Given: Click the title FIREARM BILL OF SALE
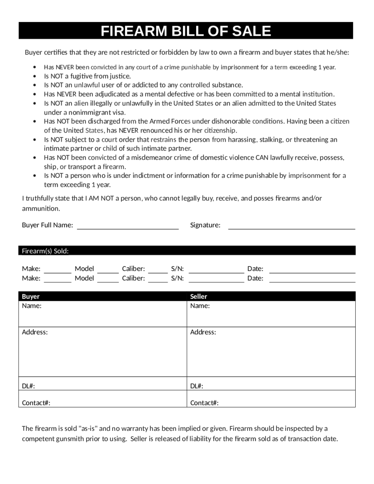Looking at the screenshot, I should pyautogui.click(x=186, y=31).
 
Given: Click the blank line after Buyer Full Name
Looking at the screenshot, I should pyautogui.click(x=128, y=227).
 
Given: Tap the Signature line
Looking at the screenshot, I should pyautogui.click(x=292, y=227).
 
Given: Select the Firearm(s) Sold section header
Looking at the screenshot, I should pyautogui.click(x=45, y=251).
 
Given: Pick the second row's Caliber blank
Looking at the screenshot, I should pyautogui.click(x=158, y=280).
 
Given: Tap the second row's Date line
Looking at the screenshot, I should pyautogui.click(x=312, y=280).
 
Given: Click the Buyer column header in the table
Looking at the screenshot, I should pyautogui.click(x=31, y=296).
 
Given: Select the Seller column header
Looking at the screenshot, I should pyautogui.click(x=199, y=296).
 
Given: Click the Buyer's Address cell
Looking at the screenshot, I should pyautogui.click(x=103, y=351).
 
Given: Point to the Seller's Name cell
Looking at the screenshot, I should pyautogui.click(x=271, y=314).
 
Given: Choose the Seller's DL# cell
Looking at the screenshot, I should pyautogui.click(x=271, y=383).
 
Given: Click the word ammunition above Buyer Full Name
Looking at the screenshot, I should pyautogui.click(x=41, y=208).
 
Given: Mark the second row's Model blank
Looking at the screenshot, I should pyautogui.click(x=108, y=280).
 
